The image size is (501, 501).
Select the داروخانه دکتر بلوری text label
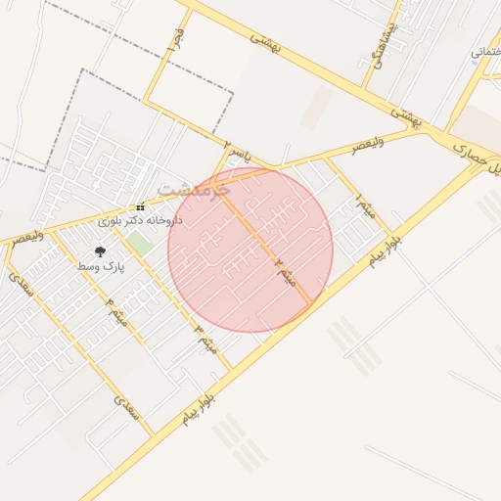pyautogui.click(x=140, y=221)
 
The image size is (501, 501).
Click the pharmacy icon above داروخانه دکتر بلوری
pyautogui.click(x=140, y=207)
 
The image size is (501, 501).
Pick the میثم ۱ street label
pyautogui.click(x=366, y=208)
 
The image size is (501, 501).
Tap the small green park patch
pyautogui.click(x=140, y=244)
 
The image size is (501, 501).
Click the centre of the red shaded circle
pyautogui.click(x=250, y=250)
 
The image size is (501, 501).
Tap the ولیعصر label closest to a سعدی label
pyautogui.click(x=23, y=236)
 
